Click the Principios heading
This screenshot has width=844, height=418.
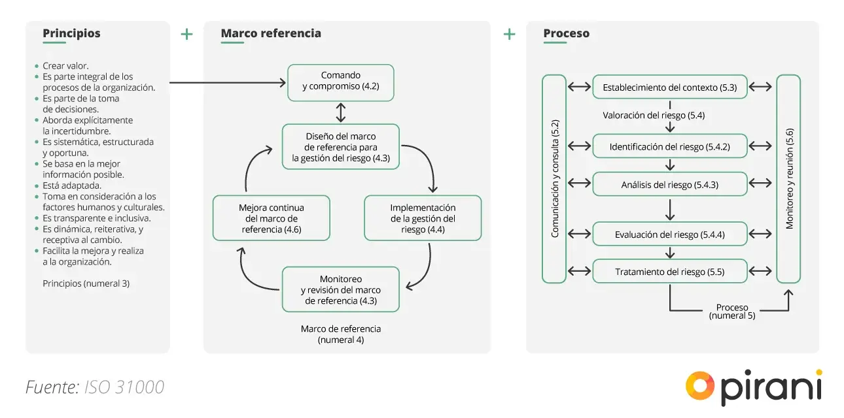coord(71,33)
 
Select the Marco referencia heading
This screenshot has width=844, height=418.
coord(271,33)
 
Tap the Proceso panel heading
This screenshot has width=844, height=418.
coord(566,33)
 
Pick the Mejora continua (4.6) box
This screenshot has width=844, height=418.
coord(271,218)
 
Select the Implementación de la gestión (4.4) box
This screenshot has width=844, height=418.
coord(423,218)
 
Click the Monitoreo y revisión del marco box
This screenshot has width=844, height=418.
coord(340,289)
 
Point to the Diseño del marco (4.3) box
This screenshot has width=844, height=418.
coord(340,147)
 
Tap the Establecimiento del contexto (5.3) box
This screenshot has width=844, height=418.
coord(669,87)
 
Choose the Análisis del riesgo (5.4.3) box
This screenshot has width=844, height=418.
coord(669,184)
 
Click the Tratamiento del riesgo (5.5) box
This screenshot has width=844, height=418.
coord(669,271)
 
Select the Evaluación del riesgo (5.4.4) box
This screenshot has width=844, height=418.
coord(669,234)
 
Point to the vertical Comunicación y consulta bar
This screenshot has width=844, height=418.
coord(554,178)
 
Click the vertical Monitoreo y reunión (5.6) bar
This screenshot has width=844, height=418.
coord(788,178)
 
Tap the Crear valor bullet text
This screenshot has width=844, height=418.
coord(65,66)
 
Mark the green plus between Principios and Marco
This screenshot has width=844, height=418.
coord(186,34)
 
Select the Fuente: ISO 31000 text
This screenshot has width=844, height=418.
coord(95,387)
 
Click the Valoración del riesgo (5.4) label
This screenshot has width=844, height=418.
coord(653,116)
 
